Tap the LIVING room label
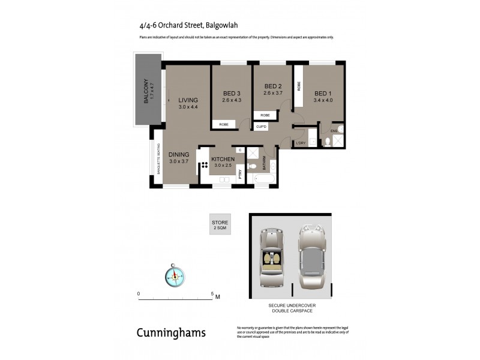(188, 100)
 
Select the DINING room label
(179, 155)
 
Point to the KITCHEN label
(222, 159)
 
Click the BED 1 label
(323, 93)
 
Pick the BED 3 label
(232, 93)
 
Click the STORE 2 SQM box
(220, 225)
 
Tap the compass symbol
(175, 275)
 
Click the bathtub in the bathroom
(261, 179)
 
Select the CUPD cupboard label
(261, 127)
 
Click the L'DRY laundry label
(301, 143)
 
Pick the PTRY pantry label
(240, 174)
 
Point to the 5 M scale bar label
(215, 295)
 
